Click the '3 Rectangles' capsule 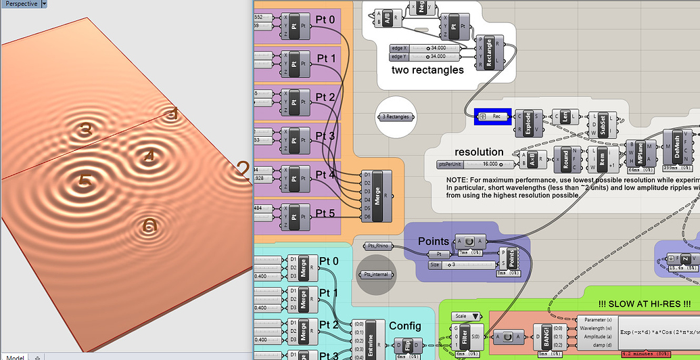coord(396,116)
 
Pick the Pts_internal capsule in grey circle coord(377,275)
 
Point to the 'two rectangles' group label coord(427,70)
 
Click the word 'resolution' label coord(479,152)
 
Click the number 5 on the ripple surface coord(85,181)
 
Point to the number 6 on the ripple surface coord(150,225)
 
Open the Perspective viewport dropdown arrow coord(44,3)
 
